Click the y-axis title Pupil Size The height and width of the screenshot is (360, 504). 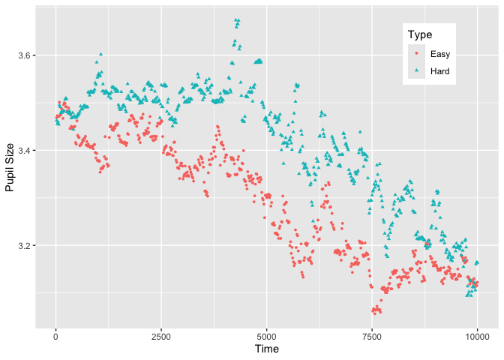tap(10, 166)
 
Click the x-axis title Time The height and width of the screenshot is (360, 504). tap(267, 349)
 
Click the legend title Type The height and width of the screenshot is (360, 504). tap(419, 35)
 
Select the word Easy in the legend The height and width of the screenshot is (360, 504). tap(439, 54)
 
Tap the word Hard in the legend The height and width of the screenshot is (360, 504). tap(440, 71)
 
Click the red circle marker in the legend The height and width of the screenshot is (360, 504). tap(417, 54)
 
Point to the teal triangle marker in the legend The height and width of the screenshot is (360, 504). tap(417, 71)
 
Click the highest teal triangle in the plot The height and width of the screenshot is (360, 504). tap(237, 20)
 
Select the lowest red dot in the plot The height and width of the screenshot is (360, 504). tap(374, 313)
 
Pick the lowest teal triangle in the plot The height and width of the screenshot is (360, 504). tap(468, 295)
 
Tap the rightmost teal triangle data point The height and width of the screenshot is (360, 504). tap(477, 262)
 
